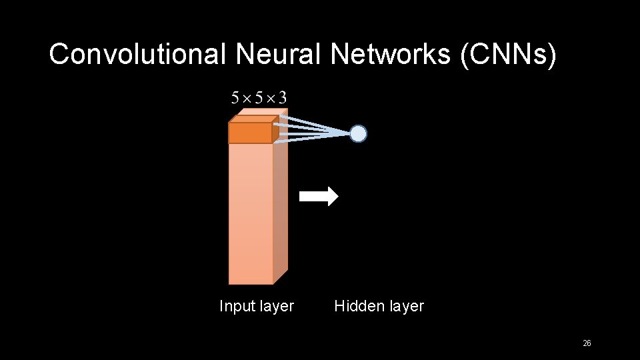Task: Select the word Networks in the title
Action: (390, 55)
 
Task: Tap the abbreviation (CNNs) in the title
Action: (507, 55)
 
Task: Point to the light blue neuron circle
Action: (359, 134)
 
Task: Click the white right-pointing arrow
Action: (318, 196)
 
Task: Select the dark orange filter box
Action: (250, 133)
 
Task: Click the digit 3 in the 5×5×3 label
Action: (283, 99)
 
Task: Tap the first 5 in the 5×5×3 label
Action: (235, 99)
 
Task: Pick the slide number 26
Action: (587, 343)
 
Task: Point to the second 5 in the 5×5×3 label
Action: (259, 99)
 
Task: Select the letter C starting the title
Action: (59, 55)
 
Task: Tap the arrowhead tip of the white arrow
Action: (337, 196)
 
